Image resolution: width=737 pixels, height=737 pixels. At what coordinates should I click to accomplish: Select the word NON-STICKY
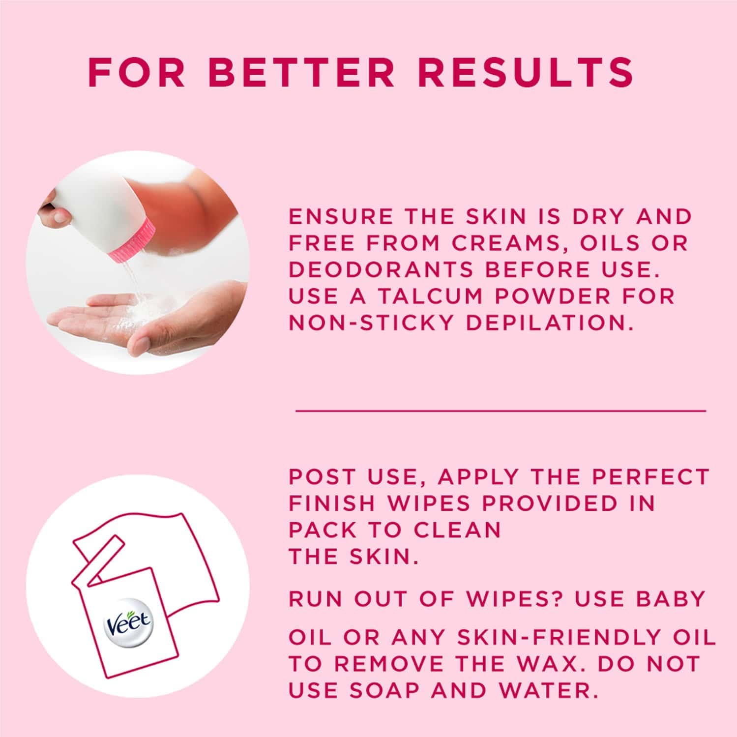(x=371, y=323)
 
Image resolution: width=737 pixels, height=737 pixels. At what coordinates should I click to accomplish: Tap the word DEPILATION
(x=548, y=323)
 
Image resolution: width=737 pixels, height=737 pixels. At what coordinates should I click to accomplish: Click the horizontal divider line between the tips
(x=501, y=410)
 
